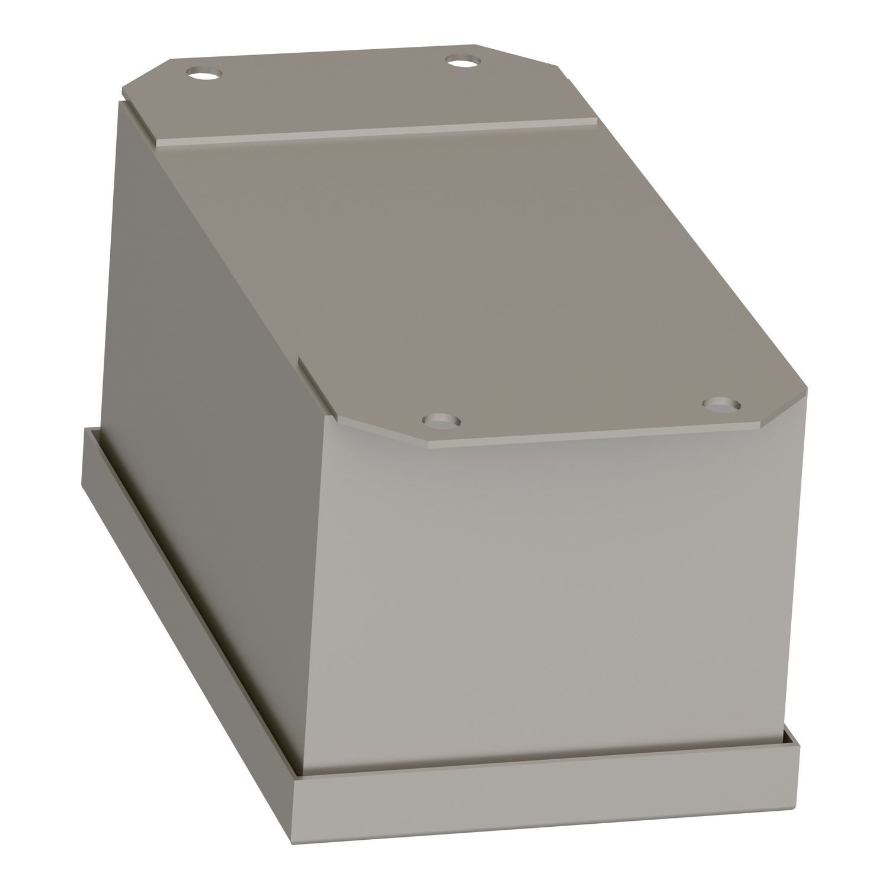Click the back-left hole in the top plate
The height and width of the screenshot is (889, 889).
[x=203, y=75]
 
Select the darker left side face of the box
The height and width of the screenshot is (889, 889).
[x=207, y=415]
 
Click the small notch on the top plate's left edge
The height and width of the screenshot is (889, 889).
[x=301, y=364]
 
